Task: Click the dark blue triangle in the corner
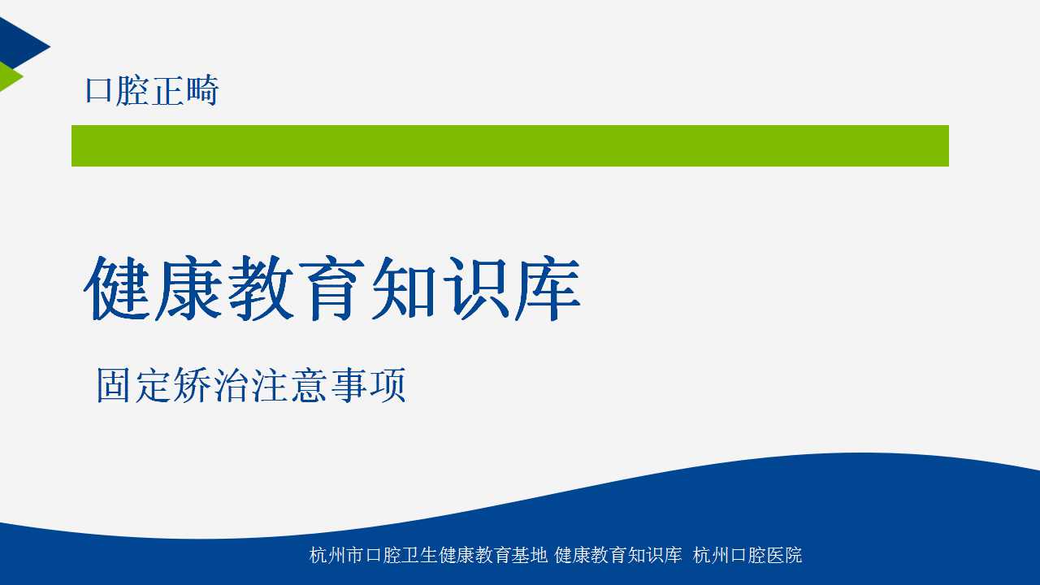pyautogui.click(x=19, y=44)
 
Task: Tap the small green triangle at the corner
pyautogui.click(x=8, y=76)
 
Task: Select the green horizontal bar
pyautogui.click(x=509, y=145)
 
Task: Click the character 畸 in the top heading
pyautogui.click(x=202, y=90)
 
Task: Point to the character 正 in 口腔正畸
pyautogui.click(x=168, y=90)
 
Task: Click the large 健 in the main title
pyautogui.click(x=117, y=288)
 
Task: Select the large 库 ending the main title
pyautogui.click(x=548, y=288)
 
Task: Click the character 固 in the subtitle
pyautogui.click(x=113, y=385)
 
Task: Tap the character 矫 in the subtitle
pyautogui.click(x=191, y=385)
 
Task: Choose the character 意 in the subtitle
pyautogui.click(x=309, y=385)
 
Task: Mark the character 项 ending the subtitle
pyautogui.click(x=388, y=385)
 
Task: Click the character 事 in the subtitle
pyautogui.click(x=349, y=385)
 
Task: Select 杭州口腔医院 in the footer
pyautogui.click(x=747, y=555)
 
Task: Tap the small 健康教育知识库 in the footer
pyautogui.click(x=618, y=555)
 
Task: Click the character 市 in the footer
pyautogui.click(x=355, y=555)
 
